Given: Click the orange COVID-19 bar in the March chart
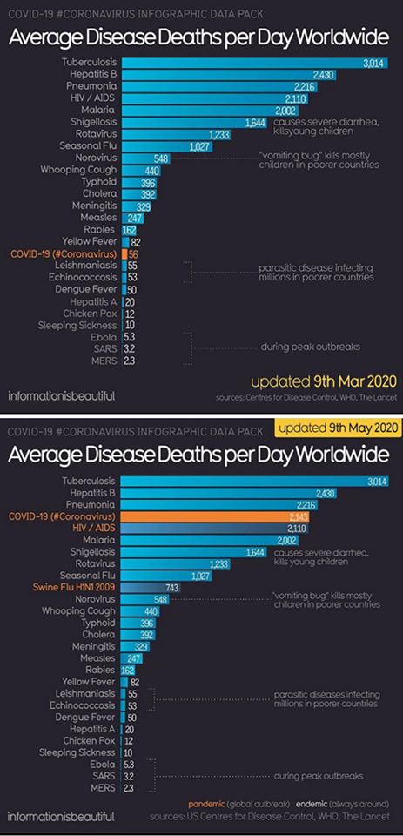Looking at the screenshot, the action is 124,253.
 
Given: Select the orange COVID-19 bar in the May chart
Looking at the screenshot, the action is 215,516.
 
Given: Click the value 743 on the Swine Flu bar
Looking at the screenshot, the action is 171,587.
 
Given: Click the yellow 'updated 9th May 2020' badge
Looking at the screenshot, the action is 337,428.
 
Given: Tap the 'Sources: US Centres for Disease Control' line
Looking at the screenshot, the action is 270,817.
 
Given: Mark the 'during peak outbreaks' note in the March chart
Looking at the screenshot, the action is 310,347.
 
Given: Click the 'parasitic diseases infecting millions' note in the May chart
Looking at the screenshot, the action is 326,699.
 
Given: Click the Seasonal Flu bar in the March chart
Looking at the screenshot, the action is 167,145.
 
